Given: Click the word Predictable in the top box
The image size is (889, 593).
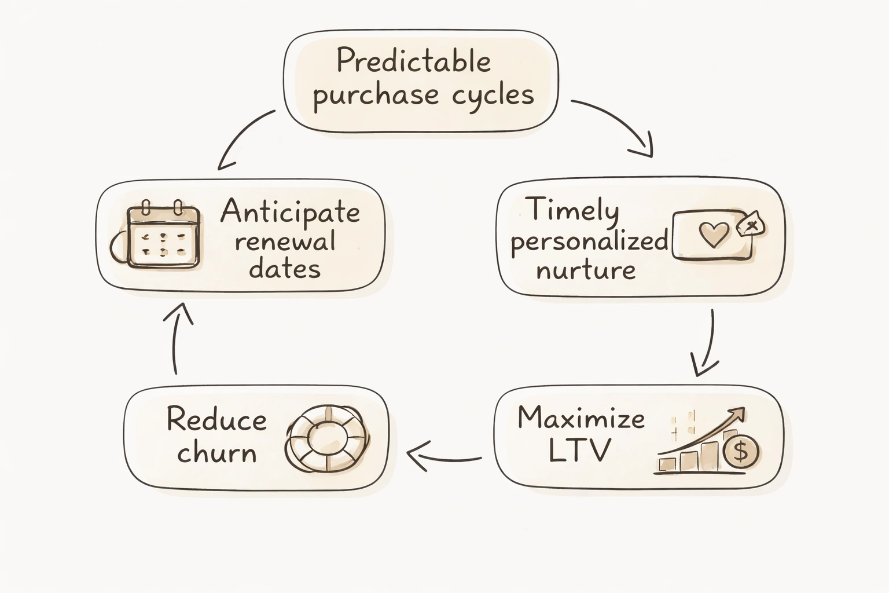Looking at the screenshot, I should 413,61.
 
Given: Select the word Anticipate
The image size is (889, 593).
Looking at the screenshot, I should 290,212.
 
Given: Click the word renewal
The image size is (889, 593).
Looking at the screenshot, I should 285,241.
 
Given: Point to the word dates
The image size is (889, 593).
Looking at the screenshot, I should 285,269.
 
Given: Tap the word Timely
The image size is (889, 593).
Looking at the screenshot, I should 572,210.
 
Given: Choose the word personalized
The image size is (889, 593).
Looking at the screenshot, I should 589,240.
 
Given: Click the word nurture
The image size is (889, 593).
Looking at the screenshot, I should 586,270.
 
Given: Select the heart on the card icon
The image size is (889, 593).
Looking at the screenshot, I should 714,235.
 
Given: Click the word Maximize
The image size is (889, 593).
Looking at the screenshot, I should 581,418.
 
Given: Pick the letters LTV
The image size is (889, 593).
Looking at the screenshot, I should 579,450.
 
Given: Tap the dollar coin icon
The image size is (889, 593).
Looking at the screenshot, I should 741,451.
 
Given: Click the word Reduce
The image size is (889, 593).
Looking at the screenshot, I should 216,419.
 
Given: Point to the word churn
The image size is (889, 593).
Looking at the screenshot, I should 216,453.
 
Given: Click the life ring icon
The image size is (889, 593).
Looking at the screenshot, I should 326,438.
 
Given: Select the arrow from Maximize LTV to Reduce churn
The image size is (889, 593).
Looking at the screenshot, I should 444,457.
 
